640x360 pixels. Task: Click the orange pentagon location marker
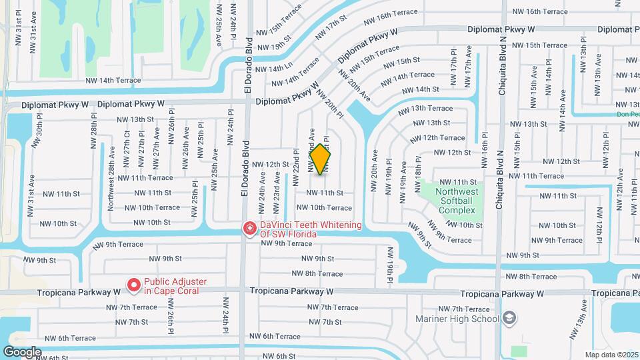321,159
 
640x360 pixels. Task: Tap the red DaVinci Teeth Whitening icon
250,229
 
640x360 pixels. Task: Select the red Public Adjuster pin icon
133,285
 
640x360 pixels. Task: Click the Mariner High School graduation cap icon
510,318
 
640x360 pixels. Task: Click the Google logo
22,351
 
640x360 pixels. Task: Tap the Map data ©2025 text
611,355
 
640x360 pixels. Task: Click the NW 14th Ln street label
274,69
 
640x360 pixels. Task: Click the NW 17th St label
329,27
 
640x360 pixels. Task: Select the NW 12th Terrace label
437,137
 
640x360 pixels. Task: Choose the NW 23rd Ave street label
275,189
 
